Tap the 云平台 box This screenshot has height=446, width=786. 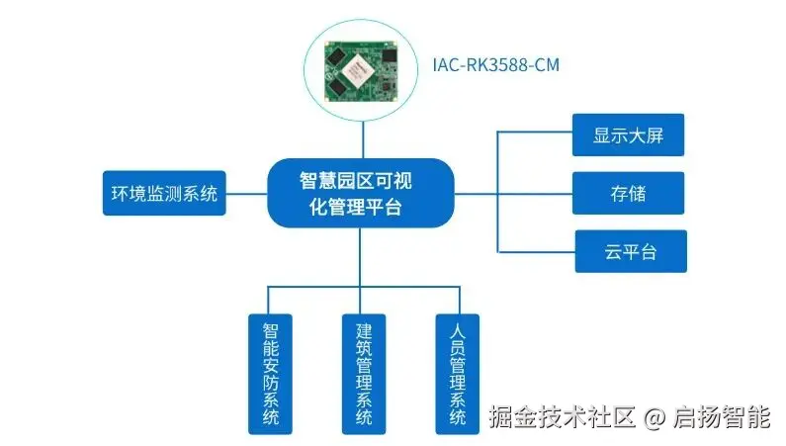tap(631, 251)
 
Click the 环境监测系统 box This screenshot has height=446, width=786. tap(163, 194)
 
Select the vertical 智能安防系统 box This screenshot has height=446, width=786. tap(270, 373)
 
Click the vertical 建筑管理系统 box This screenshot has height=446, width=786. tap(364, 373)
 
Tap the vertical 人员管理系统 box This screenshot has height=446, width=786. tap(457, 373)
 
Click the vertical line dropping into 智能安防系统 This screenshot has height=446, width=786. tap(270, 300)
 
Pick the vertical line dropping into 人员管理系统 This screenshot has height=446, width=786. tap(458, 300)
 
